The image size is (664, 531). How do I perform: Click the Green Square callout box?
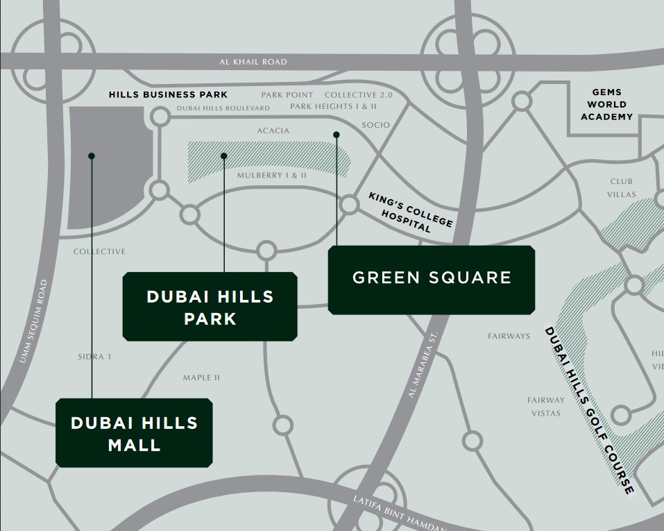(431, 279)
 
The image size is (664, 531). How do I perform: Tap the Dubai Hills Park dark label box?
(210, 307)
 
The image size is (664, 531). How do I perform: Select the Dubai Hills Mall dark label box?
(134, 432)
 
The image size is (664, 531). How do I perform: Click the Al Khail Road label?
(253, 62)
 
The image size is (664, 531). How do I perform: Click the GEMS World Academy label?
(607, 104)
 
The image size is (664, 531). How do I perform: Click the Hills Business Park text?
(168, 94)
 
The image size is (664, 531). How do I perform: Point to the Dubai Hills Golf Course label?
(589, 410)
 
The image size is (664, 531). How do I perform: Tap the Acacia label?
(273, 130)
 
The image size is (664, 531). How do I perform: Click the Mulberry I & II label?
(271, 176)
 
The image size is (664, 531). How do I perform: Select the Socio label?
(376, 125)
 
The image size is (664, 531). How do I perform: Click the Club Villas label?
(621, 188)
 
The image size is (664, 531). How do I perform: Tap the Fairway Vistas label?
(545, 406)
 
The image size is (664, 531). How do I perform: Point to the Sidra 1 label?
(95, 357)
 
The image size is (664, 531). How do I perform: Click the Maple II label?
(201, 378)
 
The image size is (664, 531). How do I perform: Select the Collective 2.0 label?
(353, 94)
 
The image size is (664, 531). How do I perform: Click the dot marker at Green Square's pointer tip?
(337, 135)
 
